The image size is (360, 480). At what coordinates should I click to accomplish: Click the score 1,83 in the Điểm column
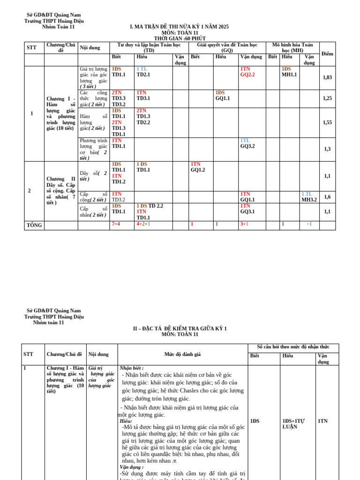point(327,77)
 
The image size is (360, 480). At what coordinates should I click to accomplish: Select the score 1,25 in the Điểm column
point(327,98)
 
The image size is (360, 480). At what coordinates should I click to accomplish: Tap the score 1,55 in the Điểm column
point(327,122)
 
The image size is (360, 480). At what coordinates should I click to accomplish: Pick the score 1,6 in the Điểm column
point(327,197)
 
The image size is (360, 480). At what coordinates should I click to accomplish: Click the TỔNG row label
point(34,225)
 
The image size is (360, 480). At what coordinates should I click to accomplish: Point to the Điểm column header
point(327,54)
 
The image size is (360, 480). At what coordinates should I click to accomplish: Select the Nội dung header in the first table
point(90,48)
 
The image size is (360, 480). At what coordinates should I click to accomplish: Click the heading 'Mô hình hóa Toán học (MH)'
point(292,47)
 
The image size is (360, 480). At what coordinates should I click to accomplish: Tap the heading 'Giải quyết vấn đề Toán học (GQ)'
point(227,47)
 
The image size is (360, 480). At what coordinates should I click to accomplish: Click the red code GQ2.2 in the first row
point(247,75)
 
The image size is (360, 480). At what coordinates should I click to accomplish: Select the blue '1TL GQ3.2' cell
point(247,143)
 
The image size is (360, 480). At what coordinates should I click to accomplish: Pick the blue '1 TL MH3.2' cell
point(309,197)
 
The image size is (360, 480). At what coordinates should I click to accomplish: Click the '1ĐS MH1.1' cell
point(289,72)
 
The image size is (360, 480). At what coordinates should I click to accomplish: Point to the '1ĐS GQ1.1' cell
point(223,96)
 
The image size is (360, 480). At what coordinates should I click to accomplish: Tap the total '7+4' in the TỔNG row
point(116,224)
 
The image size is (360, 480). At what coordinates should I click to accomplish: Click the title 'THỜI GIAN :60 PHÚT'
point(180,38)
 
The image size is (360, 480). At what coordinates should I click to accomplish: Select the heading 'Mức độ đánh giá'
point(182,354)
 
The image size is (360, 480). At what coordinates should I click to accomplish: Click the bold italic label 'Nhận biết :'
point(132,368)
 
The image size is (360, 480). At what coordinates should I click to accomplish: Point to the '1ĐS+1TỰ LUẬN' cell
point(293,424)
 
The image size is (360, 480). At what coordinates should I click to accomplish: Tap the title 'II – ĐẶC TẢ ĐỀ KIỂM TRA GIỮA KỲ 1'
point(180,329)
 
